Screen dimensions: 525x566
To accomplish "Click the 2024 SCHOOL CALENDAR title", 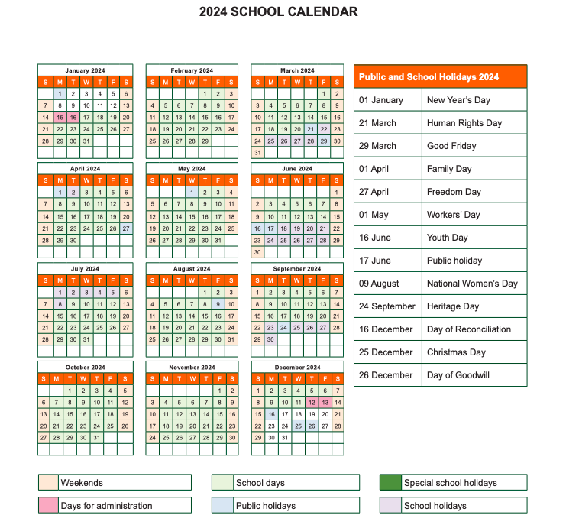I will click(278, 12).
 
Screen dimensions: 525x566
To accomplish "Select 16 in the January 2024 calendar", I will click(73, 118).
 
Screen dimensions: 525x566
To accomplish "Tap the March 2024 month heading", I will click(297, 70).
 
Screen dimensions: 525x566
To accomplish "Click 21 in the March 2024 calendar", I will click(310, 129).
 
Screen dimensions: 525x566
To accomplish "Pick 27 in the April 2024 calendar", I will click(126, 228).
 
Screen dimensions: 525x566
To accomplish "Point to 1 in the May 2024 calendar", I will click(192, 193).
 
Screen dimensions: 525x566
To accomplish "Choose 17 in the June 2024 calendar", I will click(270, 228).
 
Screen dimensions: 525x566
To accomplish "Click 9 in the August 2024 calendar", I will click(218, 304).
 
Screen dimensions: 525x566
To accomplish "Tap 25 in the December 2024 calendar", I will click(297, 426).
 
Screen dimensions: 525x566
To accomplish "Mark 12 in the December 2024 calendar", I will click(311, 403).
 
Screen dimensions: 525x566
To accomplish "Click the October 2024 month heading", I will click(85, 368).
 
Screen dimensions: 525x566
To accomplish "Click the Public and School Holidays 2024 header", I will click(440, 76).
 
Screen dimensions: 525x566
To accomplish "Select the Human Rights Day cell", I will click(474, 123).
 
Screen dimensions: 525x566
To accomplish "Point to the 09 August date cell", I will click(388, 284).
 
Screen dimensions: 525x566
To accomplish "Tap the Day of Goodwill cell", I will click(474, 375).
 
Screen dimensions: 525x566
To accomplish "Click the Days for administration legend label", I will click(106, 506).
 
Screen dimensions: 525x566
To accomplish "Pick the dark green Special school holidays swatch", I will click(390, 483).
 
